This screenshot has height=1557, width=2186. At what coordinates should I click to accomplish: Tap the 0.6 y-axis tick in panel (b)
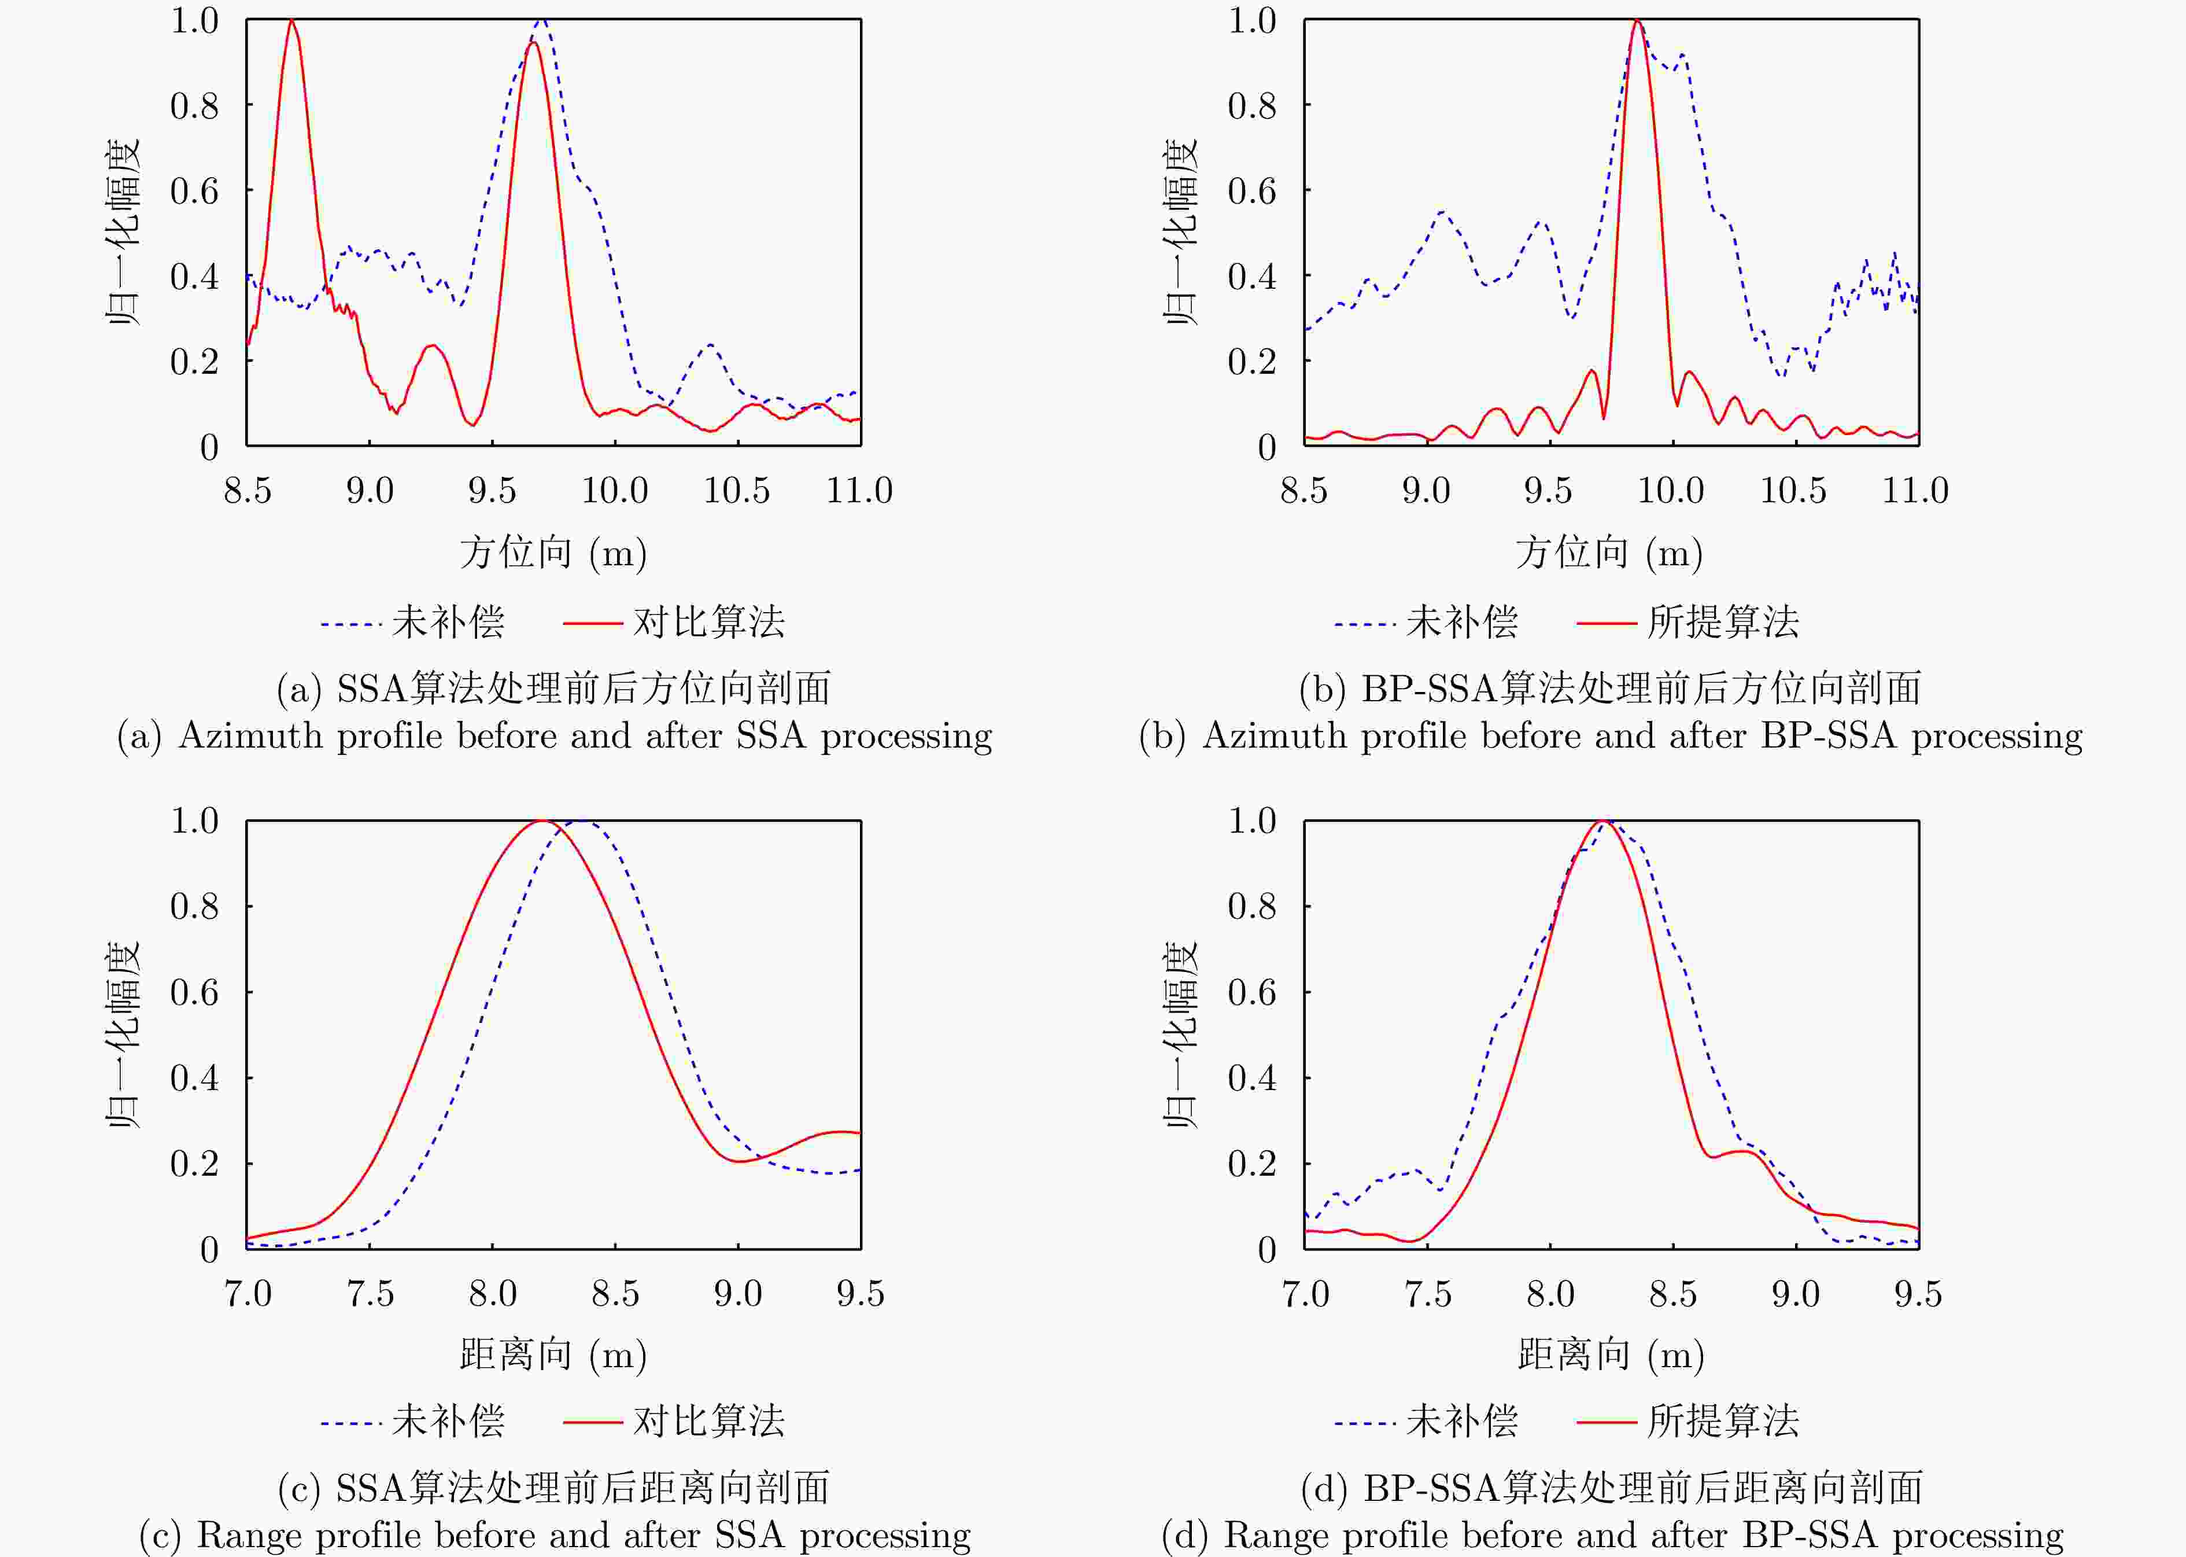point(1251,191)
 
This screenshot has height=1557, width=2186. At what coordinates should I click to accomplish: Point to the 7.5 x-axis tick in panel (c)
point(370,1293)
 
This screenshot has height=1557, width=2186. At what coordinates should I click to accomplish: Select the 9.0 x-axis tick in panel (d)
point(1795,1293)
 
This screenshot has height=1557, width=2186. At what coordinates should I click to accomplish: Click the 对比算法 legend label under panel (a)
point(709,622)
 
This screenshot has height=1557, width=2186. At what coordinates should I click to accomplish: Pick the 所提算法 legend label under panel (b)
point(1723,622)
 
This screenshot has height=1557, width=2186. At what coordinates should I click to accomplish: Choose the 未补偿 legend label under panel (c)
point(448,1421)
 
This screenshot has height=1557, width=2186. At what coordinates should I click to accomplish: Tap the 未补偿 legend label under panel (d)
point(1461,1421)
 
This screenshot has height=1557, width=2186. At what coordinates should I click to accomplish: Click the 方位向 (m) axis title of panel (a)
point(553,553)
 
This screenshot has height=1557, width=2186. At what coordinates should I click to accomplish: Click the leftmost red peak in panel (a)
point(291,21)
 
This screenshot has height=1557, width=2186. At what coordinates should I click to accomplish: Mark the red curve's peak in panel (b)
point(1637,21)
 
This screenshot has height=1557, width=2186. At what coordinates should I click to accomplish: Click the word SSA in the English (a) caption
point(770,735)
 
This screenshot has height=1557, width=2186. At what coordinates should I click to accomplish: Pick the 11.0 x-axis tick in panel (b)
point(1915,491)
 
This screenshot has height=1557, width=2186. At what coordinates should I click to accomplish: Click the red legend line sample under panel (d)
point(1605,1422)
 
